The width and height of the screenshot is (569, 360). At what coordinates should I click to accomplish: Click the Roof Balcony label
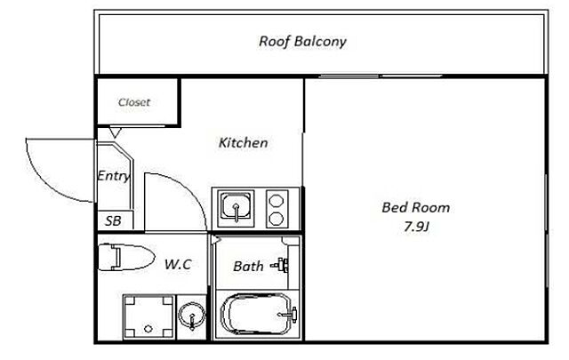302,42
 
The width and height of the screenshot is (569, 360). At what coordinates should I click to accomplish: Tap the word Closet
134,102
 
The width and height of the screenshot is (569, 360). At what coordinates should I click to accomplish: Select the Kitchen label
243,142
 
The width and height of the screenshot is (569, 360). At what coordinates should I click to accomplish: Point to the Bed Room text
415,208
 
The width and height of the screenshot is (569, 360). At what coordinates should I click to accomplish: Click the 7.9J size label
416,227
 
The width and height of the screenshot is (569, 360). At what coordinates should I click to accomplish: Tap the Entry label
114,176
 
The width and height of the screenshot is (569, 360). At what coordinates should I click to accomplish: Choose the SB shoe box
113,220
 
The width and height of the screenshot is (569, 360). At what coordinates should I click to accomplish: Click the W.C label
178,264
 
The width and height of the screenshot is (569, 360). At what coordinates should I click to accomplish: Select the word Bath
248,267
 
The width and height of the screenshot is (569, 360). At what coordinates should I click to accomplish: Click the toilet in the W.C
126,257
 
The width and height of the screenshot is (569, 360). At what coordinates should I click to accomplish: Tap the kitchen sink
236,208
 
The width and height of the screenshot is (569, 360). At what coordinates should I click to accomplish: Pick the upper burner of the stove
276,201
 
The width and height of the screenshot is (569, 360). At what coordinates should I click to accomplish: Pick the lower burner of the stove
276,219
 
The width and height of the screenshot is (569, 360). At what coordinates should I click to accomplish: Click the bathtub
257,314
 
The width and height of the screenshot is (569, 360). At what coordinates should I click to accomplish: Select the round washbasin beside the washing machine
192,316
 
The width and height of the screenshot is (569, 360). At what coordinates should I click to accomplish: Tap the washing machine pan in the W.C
148,316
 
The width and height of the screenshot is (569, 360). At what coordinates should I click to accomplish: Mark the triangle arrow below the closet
115,132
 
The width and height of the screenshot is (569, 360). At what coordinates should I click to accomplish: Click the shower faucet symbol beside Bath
281,265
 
